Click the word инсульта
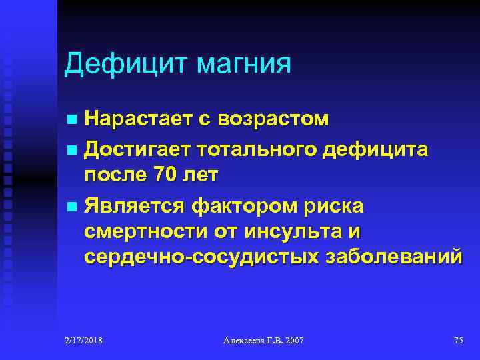tap(295, 231)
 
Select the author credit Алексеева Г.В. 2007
tap(263, 341)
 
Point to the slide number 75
tap(458, 341)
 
